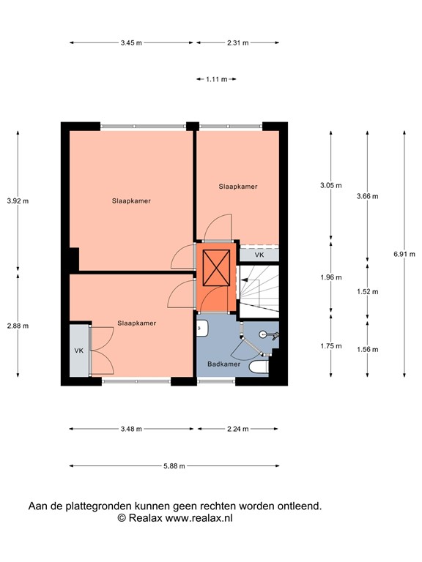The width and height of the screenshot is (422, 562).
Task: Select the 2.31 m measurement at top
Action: pos(237,43)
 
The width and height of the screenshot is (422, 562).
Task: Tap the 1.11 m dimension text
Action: pos(216,78)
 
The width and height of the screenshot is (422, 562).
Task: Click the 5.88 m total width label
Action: pos(174,466)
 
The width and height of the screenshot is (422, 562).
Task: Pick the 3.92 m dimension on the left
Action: pos(18,201)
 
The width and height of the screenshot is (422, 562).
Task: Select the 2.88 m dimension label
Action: pos(18,326)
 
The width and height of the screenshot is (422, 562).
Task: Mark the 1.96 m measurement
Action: pos(332,277)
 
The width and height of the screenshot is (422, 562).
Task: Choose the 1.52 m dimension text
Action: pos(367,291)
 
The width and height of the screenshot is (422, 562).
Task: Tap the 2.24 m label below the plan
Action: pos(237,429)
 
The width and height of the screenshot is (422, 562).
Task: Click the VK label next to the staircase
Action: pos(259,255)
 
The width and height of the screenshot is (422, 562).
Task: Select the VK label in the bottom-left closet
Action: pos(79,351)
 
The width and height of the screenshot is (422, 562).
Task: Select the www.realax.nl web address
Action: pos(199,518)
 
